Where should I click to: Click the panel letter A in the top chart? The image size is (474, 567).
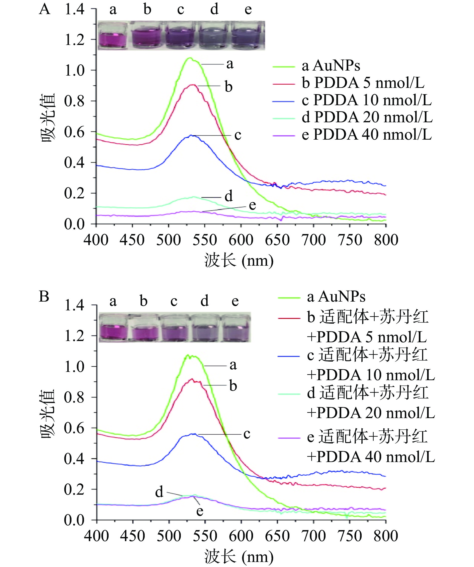pos(45,10)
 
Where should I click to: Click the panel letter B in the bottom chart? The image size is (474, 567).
pos(44,296)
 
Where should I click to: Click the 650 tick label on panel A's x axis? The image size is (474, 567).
pos(277,240)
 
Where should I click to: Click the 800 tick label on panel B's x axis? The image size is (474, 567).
pos(386,536)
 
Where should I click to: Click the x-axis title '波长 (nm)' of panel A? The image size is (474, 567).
pos(239,261)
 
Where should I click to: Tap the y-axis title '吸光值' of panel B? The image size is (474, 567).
pos(48,413)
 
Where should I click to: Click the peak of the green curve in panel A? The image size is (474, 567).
pos(190,58)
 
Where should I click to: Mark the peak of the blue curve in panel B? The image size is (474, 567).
pos(193,434)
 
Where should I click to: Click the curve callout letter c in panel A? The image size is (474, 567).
pos(238,135)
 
